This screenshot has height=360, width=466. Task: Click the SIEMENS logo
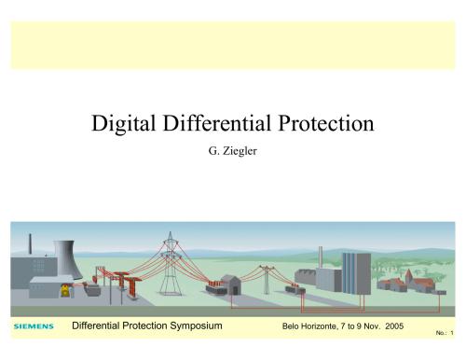point(34,326)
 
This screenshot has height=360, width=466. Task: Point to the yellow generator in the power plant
point(64,288)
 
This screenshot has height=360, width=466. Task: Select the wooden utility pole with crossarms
point(269,276)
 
